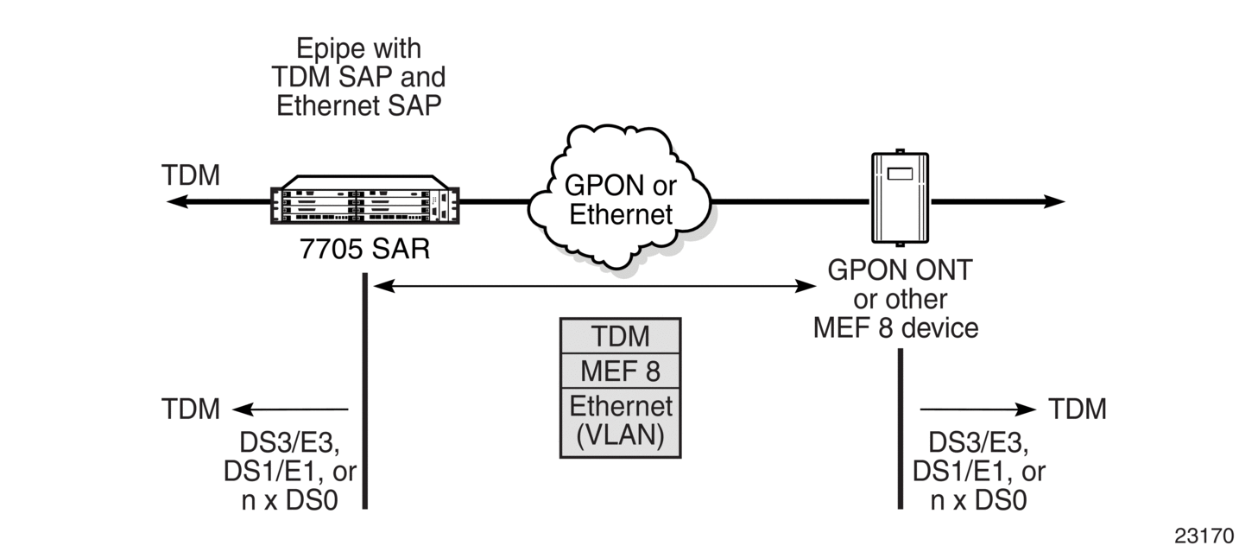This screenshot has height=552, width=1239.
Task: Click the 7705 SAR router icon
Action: point(365,200)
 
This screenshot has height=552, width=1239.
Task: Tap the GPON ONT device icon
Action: point(900,198)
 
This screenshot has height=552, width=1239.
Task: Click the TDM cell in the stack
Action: point(620,336)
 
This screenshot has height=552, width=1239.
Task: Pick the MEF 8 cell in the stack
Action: point(620,371)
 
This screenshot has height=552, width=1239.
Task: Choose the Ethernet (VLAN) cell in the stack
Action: point(620,422)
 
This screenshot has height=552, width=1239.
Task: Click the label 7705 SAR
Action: point(364,249)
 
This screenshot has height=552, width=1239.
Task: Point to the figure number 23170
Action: point(1204,536)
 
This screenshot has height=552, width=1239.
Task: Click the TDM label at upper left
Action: point(191,175)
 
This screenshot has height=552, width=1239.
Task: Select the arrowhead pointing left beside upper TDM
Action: point(178,201)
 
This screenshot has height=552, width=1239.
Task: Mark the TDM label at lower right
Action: point(1078,409)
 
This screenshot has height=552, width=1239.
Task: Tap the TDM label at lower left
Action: point(191,409)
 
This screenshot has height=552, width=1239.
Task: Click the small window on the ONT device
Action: point(900,174)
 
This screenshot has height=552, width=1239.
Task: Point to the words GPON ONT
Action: point(900,270)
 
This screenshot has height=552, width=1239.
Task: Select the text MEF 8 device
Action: point(896,327)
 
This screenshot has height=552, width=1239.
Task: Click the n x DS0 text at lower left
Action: point(290,500)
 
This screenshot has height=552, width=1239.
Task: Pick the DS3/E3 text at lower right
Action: point(978,442)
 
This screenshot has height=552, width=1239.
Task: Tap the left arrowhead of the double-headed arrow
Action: point(384,286)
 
